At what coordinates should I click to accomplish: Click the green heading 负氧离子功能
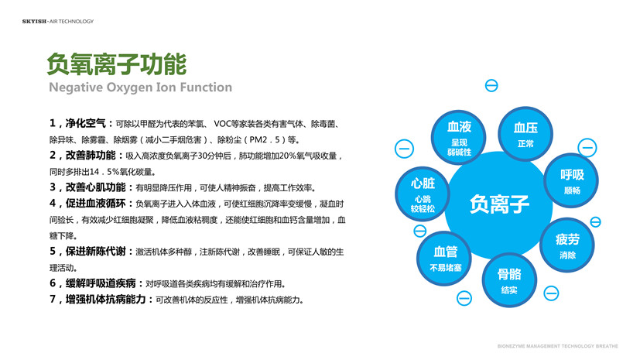117,64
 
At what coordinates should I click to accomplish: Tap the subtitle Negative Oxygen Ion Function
140,87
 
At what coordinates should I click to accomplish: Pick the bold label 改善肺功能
91,156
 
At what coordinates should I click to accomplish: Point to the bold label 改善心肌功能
95,187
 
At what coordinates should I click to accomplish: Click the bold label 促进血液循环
95,204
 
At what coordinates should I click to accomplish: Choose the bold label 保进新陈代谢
95,252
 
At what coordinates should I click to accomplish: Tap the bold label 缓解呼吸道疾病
101,283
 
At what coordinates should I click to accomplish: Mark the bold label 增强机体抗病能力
106,299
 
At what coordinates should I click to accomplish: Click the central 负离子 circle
499,205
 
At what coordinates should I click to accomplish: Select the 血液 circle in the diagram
459,138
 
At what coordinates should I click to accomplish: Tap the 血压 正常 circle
525,134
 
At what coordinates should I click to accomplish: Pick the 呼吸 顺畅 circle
571,181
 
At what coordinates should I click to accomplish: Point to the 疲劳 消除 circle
567,245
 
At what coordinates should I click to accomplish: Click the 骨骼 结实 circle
509,280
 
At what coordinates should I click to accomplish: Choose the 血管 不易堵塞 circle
444,258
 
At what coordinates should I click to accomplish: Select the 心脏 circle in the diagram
423,194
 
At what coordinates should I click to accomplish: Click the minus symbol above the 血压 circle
491,86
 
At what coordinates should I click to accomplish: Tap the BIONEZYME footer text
557,346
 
